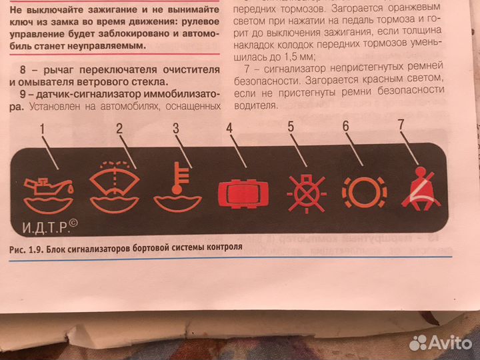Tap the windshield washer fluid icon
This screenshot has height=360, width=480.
pos(114,186)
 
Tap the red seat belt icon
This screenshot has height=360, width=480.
pos(419,191)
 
